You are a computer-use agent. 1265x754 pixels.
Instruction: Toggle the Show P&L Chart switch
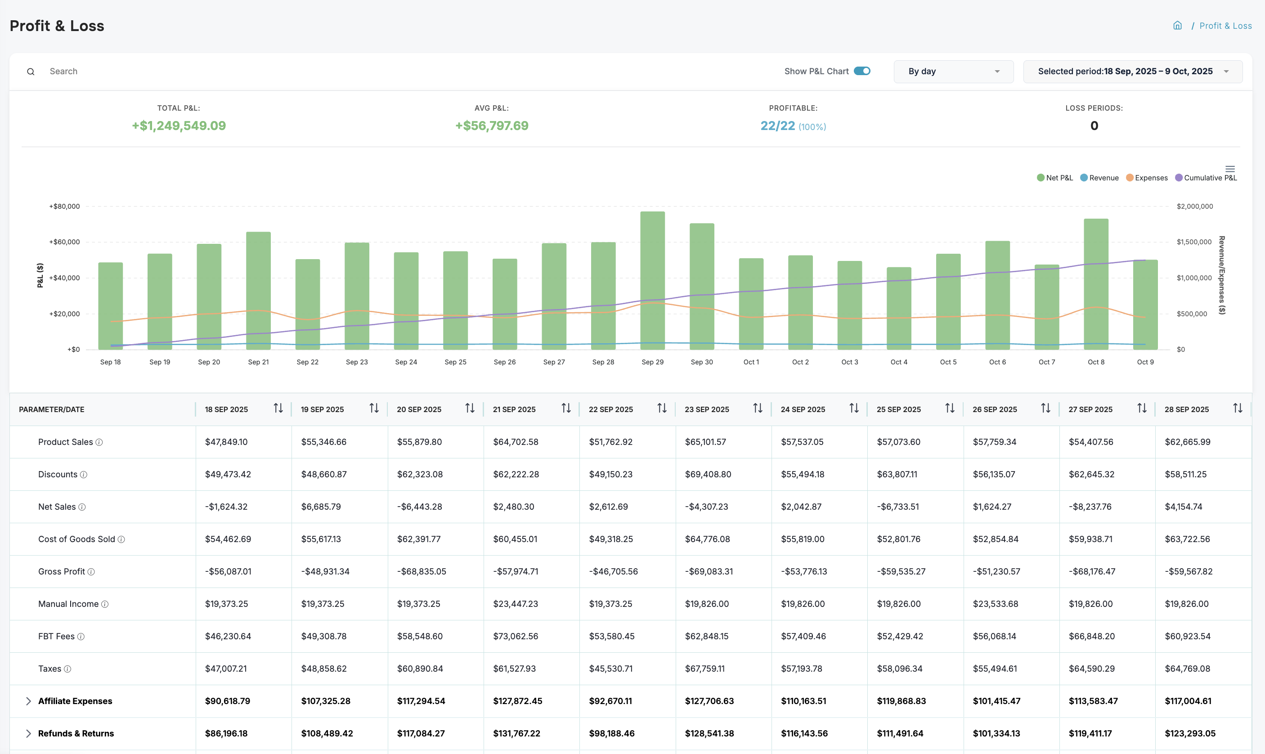point(861,71)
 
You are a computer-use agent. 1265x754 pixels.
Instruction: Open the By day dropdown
point(953,72)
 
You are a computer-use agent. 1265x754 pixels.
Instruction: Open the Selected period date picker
point(1132,72)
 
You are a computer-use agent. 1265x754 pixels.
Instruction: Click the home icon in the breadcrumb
point(1177,25)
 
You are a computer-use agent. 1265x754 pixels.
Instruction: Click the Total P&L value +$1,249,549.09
point(179,126)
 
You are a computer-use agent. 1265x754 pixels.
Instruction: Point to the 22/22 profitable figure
point(777,126)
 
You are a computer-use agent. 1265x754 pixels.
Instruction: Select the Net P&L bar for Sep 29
point(652,279)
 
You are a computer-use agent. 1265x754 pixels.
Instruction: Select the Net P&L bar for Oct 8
point(1096,284)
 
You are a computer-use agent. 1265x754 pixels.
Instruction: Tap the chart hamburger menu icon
point(1230,169)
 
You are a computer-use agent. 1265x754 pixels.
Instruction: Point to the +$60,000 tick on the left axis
point(64,242)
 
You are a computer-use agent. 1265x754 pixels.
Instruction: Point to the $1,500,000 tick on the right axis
point(1194,242)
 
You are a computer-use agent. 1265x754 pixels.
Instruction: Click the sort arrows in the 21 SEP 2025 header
point(566,408)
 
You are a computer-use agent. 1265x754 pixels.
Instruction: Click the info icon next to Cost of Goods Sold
point(121,539)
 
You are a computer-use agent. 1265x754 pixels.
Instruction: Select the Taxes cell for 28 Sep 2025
point(1187,669)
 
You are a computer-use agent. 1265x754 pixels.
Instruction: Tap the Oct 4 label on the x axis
point(899,362)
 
